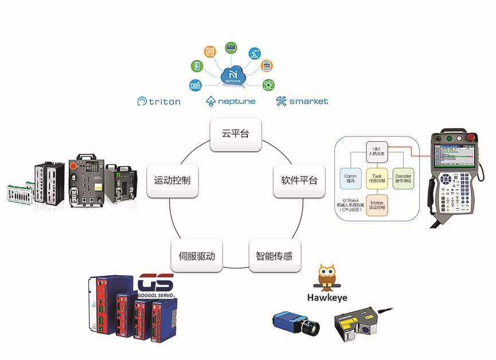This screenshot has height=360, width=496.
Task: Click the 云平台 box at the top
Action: coord(236,135)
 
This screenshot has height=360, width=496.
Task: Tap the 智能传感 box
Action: coord(274,256)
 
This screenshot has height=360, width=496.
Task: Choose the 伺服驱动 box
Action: coord(197,256)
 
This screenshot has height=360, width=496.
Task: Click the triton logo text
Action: coord(159,101)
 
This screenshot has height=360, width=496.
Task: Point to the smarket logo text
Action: coord(302,101)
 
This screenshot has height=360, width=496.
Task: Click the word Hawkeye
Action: coord(327,298)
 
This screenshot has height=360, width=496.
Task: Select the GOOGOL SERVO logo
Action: coord(155,286)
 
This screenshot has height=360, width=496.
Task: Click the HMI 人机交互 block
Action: coord(377,151)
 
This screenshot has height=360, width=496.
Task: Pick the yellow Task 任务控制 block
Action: coord(377,178)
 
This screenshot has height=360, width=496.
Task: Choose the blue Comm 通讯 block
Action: coord(350,178)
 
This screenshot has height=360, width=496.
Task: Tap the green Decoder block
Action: coord(403,178)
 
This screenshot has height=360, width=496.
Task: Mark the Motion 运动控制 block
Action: coord(377,205)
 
